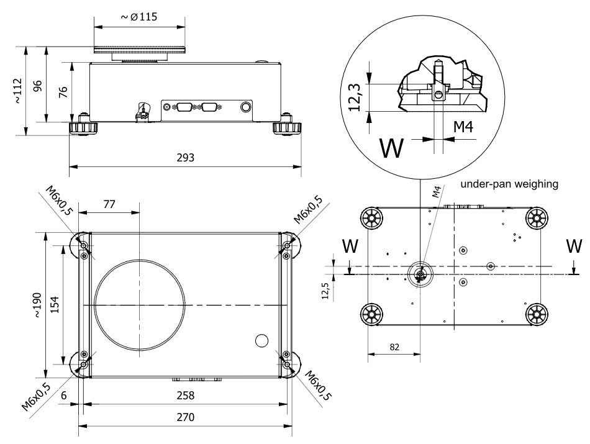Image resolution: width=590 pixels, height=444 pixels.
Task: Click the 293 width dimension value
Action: (x=185, y=158)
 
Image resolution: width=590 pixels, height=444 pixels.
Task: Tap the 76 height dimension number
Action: (x=63, y=93)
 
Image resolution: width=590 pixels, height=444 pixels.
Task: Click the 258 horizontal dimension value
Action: (x=184, y=396)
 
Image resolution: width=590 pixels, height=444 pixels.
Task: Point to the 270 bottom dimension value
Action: (x=184, y=418)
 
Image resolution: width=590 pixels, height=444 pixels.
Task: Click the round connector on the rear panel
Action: (x=246, y=107)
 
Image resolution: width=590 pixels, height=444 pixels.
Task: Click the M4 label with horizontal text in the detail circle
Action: (x=463, y=127)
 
